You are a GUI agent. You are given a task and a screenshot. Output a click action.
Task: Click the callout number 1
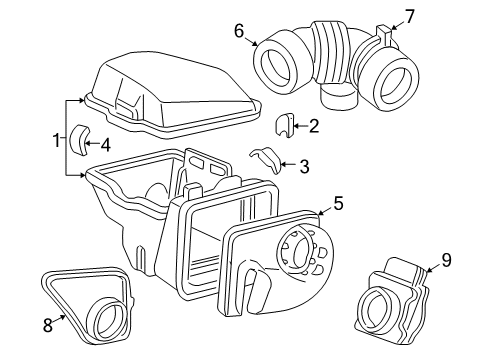point(57,138)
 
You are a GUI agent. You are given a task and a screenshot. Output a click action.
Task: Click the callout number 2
point(314,126)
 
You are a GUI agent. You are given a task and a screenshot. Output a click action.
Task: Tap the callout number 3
point(304,167)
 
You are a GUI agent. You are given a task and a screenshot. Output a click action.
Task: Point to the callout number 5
point(338,204)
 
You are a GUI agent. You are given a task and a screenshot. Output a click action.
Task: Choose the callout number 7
point(408,15)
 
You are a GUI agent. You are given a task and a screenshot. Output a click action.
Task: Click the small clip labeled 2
point(284,125)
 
